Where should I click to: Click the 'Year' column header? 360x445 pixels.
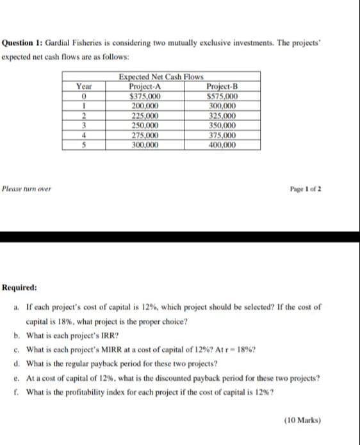coord(83,87)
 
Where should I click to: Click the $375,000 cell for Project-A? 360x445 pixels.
coord(145,97)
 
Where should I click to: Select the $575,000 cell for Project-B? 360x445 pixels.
coord(222,97)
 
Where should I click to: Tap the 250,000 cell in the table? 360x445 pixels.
coord(145,126)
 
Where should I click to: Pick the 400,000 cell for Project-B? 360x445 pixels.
coord(222,145)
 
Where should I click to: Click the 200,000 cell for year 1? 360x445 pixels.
coord(145,106)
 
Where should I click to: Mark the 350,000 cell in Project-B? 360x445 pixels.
coord(222,126)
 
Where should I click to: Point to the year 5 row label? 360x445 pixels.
coord(83,145)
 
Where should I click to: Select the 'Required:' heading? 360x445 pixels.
coord(20,288)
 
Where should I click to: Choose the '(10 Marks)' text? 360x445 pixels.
coord(302,421)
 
